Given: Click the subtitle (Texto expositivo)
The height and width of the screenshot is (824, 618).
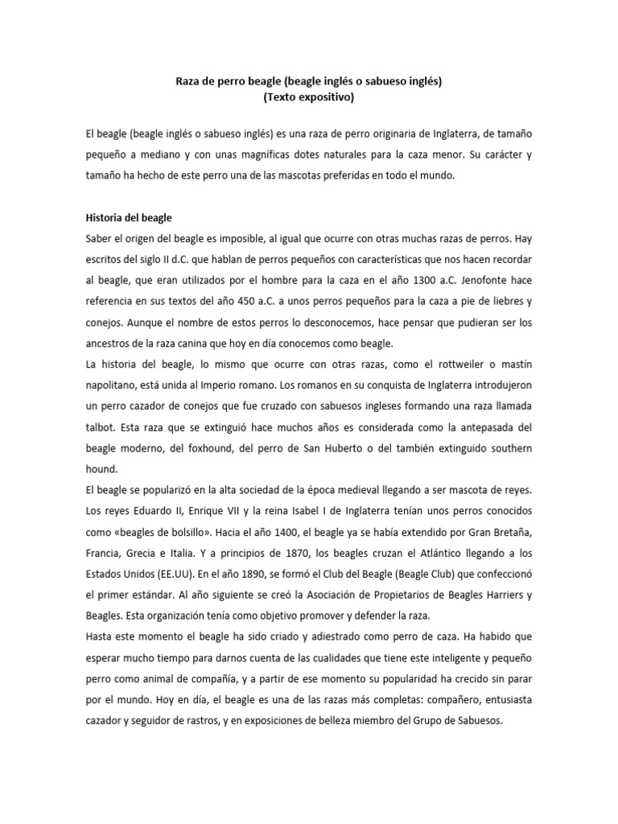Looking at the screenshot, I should point(309,98).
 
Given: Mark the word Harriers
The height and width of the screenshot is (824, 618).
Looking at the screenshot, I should point(501,594).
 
